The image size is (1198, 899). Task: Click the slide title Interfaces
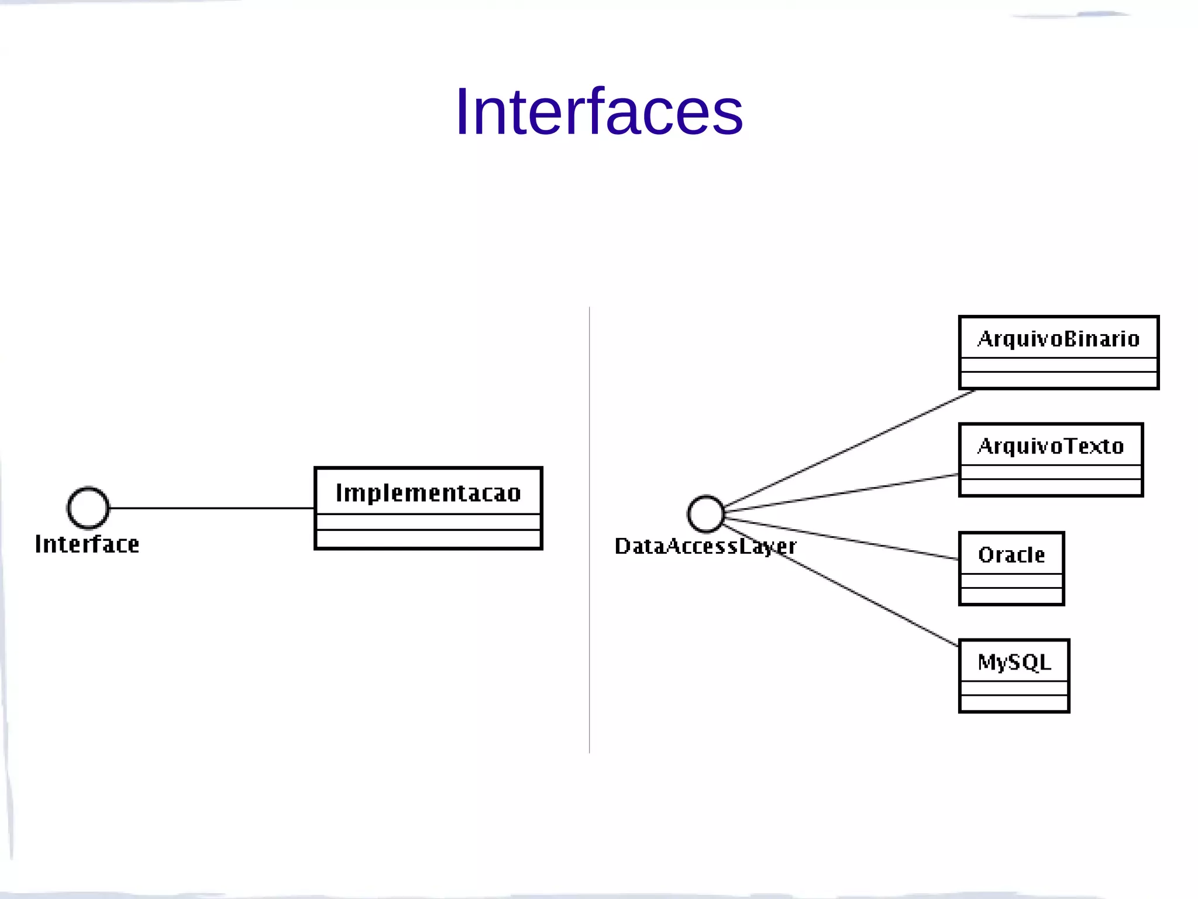598,111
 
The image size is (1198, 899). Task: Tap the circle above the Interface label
88,507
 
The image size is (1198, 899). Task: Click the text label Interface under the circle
87,544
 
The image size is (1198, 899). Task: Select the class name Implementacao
428,493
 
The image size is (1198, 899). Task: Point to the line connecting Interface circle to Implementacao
211,508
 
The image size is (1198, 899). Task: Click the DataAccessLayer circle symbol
706,514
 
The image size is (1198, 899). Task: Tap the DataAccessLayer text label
705,546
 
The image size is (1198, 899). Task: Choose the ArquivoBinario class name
1058,339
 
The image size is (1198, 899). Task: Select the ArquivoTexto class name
1051,446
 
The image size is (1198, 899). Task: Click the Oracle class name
1011,554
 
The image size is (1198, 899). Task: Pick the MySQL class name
1014,662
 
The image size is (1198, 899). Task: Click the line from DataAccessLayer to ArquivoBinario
848,448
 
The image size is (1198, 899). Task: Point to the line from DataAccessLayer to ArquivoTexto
842,493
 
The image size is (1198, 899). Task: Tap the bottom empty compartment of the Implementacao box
428,538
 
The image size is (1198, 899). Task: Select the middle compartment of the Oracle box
1011,581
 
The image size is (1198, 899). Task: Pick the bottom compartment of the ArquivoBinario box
1058,379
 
